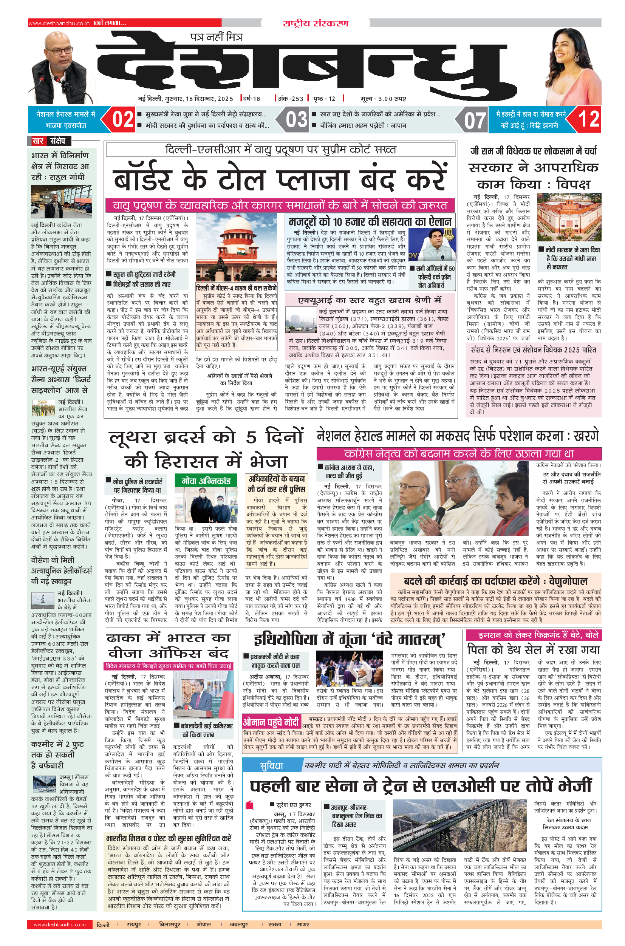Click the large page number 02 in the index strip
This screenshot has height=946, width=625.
pyautogui.click(x=123, y=119)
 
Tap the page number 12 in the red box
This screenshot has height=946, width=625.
pyautogui.click(x=588, y=119)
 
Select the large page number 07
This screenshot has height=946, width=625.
pyautogui.click(x=474, y=120)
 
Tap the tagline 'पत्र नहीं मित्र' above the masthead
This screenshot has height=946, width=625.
pyautogui.click(x=216, y=37)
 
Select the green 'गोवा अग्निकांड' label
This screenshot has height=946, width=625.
pyautogui.click(x=206, y=481)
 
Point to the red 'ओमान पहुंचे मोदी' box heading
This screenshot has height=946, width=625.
pyautogui.click(x=271, y=722)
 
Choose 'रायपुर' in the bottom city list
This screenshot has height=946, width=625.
pyautogui.click(x=137, y=924)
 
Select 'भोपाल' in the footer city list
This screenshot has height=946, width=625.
pyautogui.click(x=203, y=924)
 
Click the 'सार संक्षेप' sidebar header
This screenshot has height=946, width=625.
pyautogui.click(x=49, y=141)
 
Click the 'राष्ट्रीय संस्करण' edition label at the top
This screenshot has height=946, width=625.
pyautogui.click(x=315, y=23)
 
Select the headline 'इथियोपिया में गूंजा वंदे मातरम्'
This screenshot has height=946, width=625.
pyautogui.click(x=349, y=639)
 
